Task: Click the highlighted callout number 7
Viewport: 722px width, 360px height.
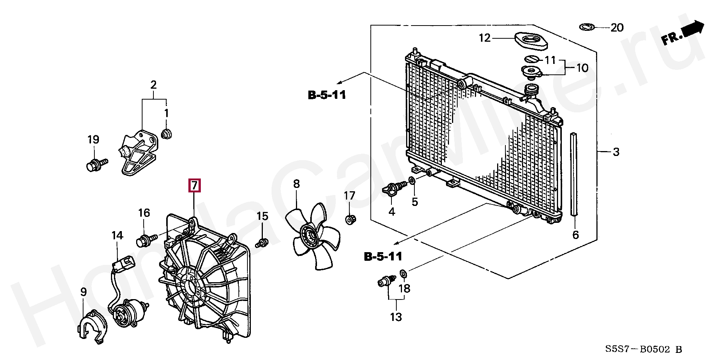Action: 194,185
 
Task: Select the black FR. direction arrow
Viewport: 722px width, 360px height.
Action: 693,30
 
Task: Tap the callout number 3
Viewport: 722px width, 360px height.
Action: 616,152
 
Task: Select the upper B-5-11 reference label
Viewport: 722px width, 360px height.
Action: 327,95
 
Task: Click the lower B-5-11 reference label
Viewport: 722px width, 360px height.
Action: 383,257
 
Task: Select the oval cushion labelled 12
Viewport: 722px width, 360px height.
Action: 530,41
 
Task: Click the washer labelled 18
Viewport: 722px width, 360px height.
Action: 403,272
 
